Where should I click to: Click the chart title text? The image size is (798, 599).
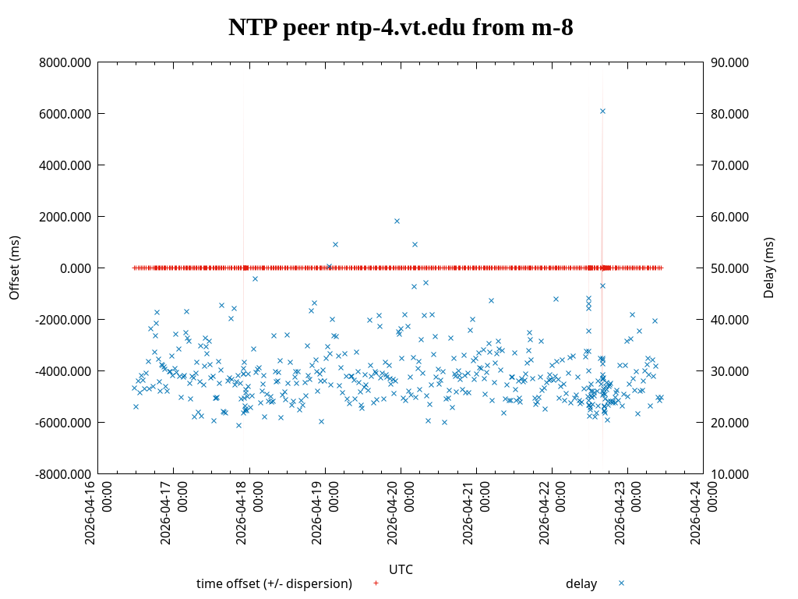(x=401, y=28)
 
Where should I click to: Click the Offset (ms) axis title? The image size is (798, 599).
(x=15, y=268)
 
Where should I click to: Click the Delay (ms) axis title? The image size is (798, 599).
(x=769, y=268)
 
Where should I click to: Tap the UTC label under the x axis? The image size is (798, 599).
(x=401, y=569)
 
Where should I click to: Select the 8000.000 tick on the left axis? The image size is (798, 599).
(x=65, y=62)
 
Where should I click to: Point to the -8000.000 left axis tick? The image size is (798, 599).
(x=63, y=474)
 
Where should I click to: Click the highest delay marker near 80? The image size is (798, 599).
(x=602, y=111)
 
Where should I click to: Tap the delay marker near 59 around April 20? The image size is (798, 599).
(x=397, y=221)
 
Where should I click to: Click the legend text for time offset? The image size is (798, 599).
(x=274, y=583)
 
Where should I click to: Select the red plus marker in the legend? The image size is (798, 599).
(x=376, y=583)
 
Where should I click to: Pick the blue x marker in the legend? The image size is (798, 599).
(x=621, y=583)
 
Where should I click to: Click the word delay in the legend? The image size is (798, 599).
(x=581, y=583)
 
